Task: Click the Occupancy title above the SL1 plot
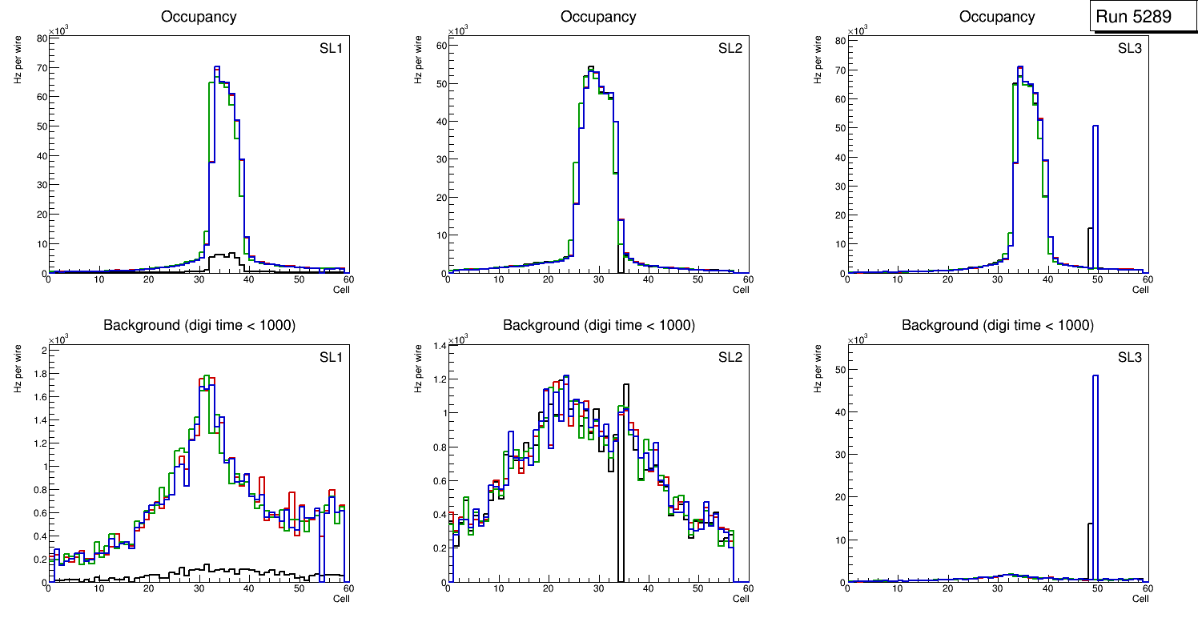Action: point(199,16)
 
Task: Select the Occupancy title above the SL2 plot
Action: point(598,16)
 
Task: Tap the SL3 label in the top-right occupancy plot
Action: point(1129,47)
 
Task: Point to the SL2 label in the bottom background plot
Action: point(730,356)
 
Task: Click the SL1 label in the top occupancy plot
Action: point(331,48)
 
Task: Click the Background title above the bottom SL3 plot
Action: point(997,325)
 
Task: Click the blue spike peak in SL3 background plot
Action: point(1095,376)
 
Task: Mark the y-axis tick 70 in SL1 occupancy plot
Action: point(42,68)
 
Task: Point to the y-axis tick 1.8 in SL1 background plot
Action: point(40,373)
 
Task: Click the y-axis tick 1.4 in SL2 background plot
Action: point(440,345)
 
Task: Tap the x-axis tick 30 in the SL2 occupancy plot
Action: point(597,279)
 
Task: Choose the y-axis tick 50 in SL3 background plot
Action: point(841,370)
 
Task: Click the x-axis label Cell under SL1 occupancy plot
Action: point(341,289)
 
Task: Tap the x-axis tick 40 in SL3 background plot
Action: point(1047,588)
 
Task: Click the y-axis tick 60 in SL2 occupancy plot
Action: point(441,46)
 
